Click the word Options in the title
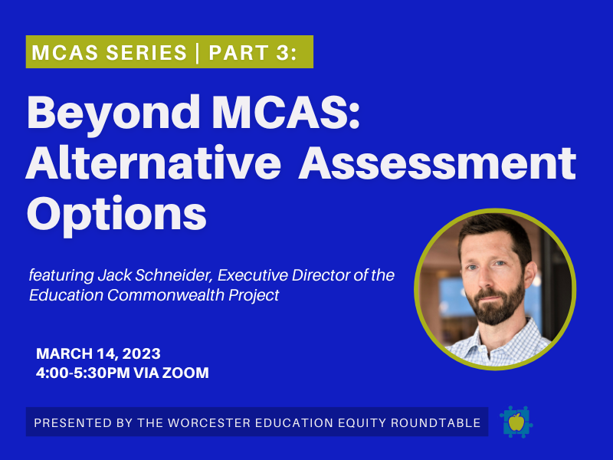coord(116,212)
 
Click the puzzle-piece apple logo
coord(516,422)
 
